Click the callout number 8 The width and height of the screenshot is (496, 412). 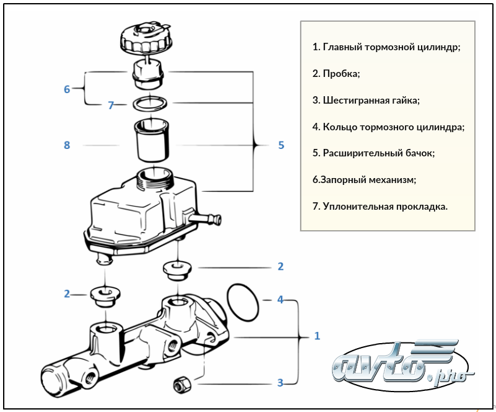pos(67,145)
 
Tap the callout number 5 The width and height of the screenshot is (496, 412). pos(281,145)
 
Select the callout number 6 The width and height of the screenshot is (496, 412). pos(67,89)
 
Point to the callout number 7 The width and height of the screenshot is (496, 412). pos(111,105)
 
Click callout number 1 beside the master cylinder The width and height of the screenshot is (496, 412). pos(317,336)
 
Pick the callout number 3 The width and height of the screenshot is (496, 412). pos(280,383)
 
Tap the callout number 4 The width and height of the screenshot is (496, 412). pos(280,300)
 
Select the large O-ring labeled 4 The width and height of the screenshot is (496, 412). pos(243,300)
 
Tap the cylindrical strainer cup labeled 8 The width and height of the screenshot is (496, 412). pos(150,139)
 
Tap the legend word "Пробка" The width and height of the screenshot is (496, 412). pos(341,73)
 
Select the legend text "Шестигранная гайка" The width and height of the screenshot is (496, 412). pos(371,100)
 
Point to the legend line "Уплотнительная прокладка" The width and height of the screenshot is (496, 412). pos(384,206)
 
